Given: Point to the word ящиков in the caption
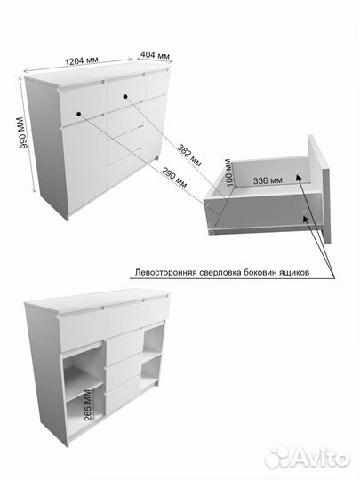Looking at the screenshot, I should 290,274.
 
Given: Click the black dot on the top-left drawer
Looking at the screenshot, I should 79,113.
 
